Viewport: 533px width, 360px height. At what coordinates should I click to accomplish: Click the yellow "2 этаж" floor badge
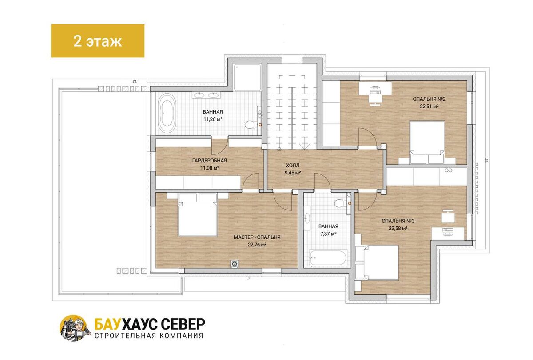tap(98, 41)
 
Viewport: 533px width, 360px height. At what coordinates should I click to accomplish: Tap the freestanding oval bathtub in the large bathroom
tap(167, 113)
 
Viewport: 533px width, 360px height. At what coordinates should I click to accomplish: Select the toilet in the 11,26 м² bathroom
tap(251, 125)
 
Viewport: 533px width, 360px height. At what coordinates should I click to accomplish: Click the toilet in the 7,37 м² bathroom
tap(340, 203)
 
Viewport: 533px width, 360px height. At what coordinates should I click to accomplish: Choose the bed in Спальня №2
tap(427, 142)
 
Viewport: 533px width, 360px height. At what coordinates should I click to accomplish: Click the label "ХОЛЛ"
tap(293, 165)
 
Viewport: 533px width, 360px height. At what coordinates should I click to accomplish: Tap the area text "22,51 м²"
tap(429, 106)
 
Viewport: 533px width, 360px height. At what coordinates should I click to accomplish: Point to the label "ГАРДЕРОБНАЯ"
tap(209, 161)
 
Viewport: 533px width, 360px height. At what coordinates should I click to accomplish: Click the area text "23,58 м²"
tap(398, 228)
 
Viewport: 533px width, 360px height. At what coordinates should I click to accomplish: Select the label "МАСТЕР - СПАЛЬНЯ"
tap(257, 237)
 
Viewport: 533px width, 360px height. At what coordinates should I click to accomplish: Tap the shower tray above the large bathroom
tap(247, 77)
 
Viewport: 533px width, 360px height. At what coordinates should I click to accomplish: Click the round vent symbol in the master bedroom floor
tap(235, 264)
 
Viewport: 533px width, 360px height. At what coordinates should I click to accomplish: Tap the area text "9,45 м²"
tap(293, 173)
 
